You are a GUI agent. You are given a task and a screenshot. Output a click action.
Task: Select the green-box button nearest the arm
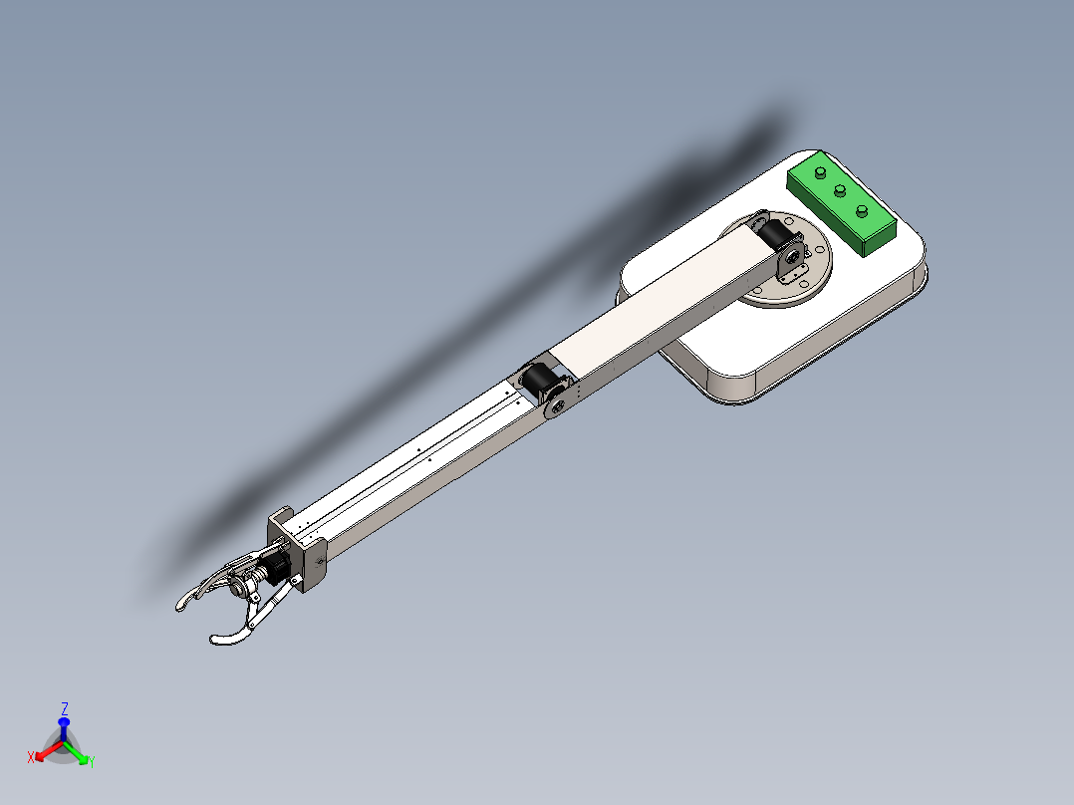[820, 173]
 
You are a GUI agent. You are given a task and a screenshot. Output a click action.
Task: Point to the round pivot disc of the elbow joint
[558, 404]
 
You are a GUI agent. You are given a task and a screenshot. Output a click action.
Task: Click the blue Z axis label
[65, 708]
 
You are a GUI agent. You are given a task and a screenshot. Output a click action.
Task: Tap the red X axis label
[32, 757]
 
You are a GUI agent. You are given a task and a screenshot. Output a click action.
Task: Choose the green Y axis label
[92, 762]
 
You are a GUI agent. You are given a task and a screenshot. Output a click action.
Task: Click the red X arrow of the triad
[44, 755]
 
